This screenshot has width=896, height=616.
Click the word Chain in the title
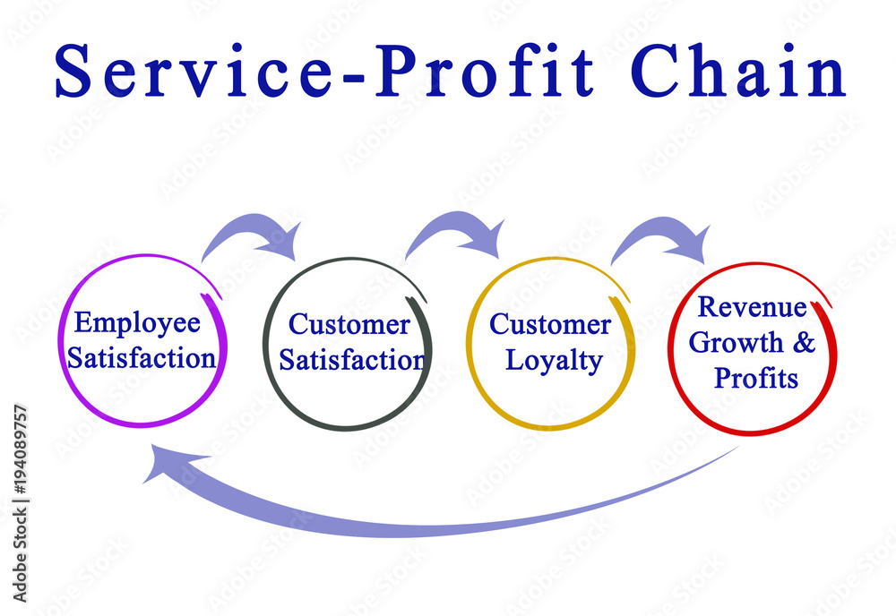738,70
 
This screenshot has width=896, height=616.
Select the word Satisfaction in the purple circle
142,358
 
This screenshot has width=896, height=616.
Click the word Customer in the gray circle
349,325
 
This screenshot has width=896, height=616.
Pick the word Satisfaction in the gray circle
352,360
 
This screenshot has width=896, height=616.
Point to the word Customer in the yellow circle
550,325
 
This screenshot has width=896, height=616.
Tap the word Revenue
753,306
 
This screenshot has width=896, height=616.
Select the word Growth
736,343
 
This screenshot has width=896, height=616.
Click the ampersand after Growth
804,343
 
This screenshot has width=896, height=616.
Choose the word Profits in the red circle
756,378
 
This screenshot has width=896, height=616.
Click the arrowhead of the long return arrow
171,461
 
